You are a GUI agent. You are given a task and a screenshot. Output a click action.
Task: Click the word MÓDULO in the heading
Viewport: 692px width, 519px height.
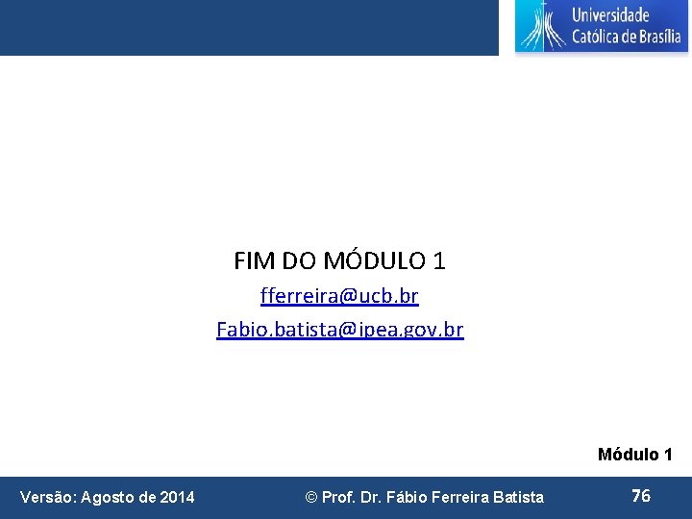tap(375, 260)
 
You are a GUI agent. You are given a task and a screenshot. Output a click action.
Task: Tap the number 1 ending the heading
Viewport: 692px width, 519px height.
tap(438, 260)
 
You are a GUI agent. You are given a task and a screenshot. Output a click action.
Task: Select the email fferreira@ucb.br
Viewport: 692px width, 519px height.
tap(339, 296)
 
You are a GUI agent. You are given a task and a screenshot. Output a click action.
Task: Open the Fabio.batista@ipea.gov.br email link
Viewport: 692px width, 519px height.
tap(339, 330)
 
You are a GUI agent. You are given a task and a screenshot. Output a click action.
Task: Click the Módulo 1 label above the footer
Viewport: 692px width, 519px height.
tap(634, 455)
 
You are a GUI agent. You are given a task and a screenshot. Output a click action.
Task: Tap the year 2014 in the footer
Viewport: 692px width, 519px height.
tap(177, 497)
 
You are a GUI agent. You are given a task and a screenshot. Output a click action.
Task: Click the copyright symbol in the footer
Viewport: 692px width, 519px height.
tap(311, 497)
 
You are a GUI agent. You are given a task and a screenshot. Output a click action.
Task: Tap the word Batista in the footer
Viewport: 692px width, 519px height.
tap(519, 497)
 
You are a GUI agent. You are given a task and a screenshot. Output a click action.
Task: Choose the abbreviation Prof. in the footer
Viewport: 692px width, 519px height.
tap(339, 497)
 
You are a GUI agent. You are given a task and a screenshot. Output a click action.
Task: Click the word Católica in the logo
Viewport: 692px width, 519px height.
tap(596, 37)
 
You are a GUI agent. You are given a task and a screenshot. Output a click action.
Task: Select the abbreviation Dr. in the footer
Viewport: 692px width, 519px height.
tap(374, 497)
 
